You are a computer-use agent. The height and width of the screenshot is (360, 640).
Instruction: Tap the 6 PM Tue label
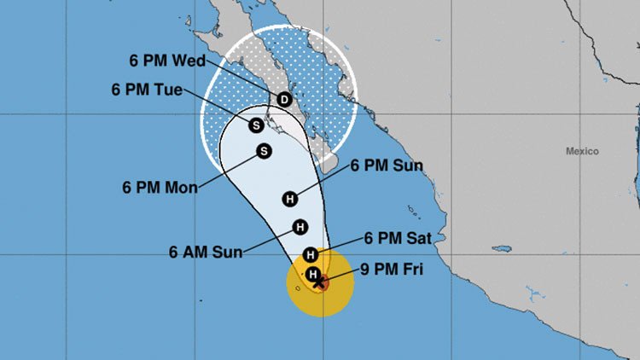[x=147, y=89]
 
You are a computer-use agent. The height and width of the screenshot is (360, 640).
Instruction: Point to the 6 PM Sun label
[x=387, y=165]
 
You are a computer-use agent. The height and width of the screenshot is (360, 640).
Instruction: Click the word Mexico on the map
[x=582, y=151]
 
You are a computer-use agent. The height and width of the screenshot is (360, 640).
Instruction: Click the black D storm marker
[x=284, y=100]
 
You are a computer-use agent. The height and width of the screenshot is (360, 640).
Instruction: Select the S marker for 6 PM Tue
[x=255, y=125]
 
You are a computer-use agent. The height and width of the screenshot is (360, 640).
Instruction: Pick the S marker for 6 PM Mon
[x=264, y=151]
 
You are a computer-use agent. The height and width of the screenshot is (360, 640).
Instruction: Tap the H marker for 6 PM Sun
[x=289, y=199]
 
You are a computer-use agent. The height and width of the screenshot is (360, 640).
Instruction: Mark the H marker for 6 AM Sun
[x=300, y=227]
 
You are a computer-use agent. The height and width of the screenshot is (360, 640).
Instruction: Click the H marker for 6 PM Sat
[x=311, y=254]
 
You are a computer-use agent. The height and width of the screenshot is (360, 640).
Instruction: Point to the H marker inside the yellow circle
[x=313, y=274]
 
